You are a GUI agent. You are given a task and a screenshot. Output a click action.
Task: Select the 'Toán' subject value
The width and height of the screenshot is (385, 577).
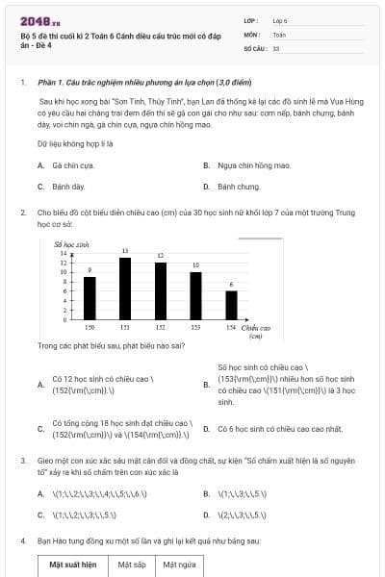pos(279,34)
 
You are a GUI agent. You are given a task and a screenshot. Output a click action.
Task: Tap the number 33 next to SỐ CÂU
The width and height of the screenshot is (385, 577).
pos(276,47)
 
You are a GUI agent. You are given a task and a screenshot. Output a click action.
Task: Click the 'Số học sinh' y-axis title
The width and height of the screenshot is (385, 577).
pos(70,244)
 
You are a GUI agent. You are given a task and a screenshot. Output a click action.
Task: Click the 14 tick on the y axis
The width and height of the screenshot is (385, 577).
pos(64,253)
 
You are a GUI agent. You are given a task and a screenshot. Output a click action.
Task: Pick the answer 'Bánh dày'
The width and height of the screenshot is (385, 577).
pos(68,186)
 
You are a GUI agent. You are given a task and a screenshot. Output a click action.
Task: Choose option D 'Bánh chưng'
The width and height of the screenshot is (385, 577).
pos(238,186)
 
